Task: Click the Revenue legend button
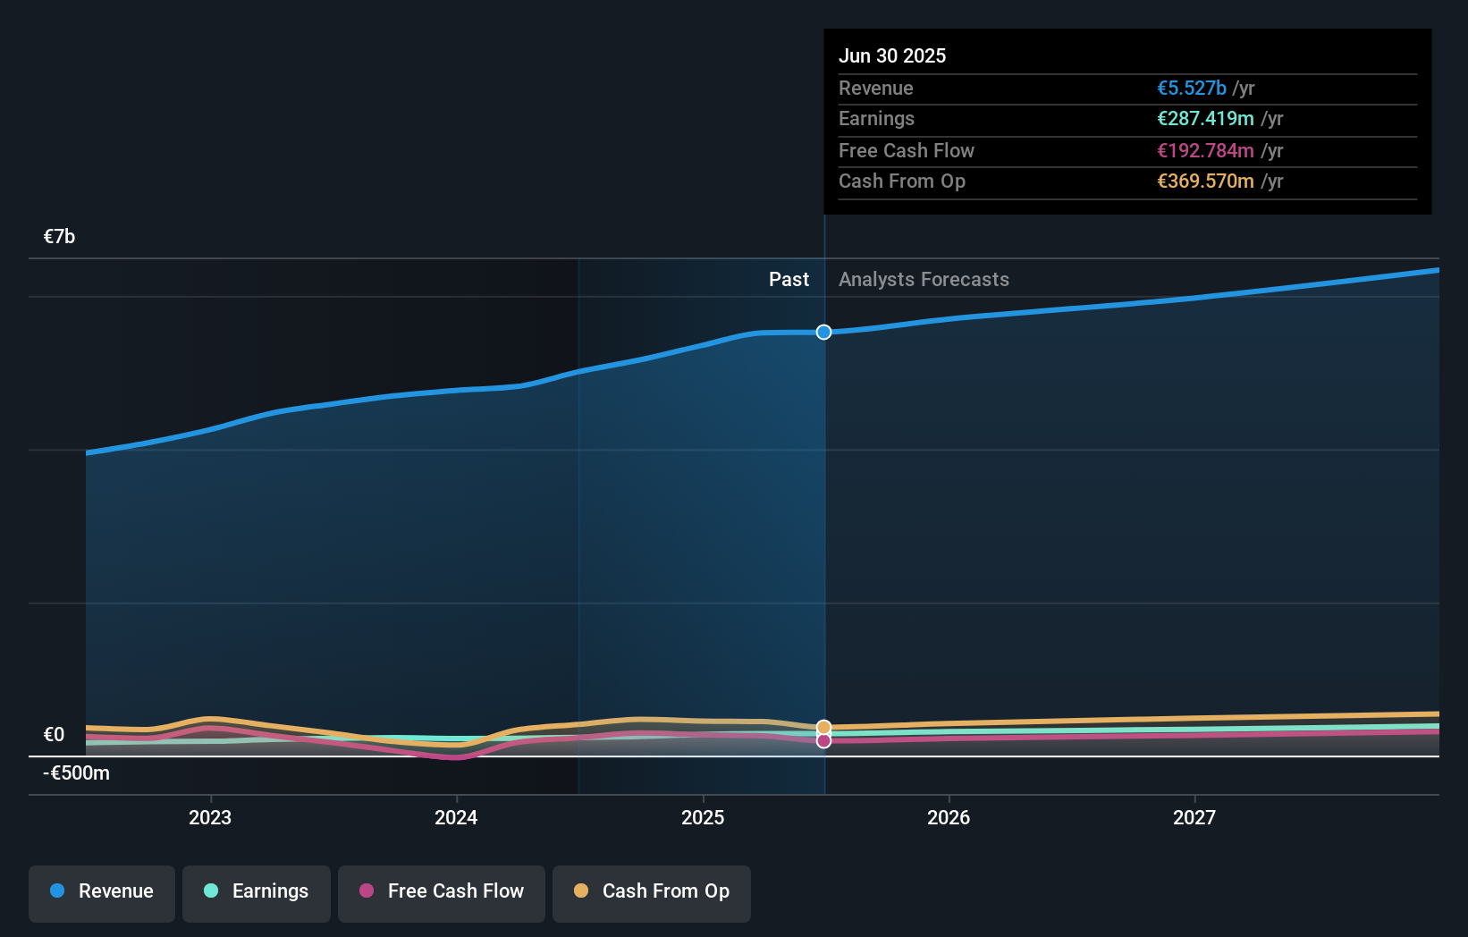102,891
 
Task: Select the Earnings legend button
257,891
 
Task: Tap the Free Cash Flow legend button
442,891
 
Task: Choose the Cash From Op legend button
652,891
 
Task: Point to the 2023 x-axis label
210,817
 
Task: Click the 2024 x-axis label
456,817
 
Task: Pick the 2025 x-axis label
703,817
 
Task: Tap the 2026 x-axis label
949,817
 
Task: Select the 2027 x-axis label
1194,817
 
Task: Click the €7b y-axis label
60,237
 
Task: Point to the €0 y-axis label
55,735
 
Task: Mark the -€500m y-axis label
77,773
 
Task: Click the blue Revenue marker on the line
824,333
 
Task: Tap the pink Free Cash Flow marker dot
824,741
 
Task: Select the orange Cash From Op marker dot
824,728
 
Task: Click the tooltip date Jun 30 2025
892,56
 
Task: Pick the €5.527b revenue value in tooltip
1192,89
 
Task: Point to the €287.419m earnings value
1205,119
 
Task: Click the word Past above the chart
789,280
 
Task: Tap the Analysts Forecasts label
924,280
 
